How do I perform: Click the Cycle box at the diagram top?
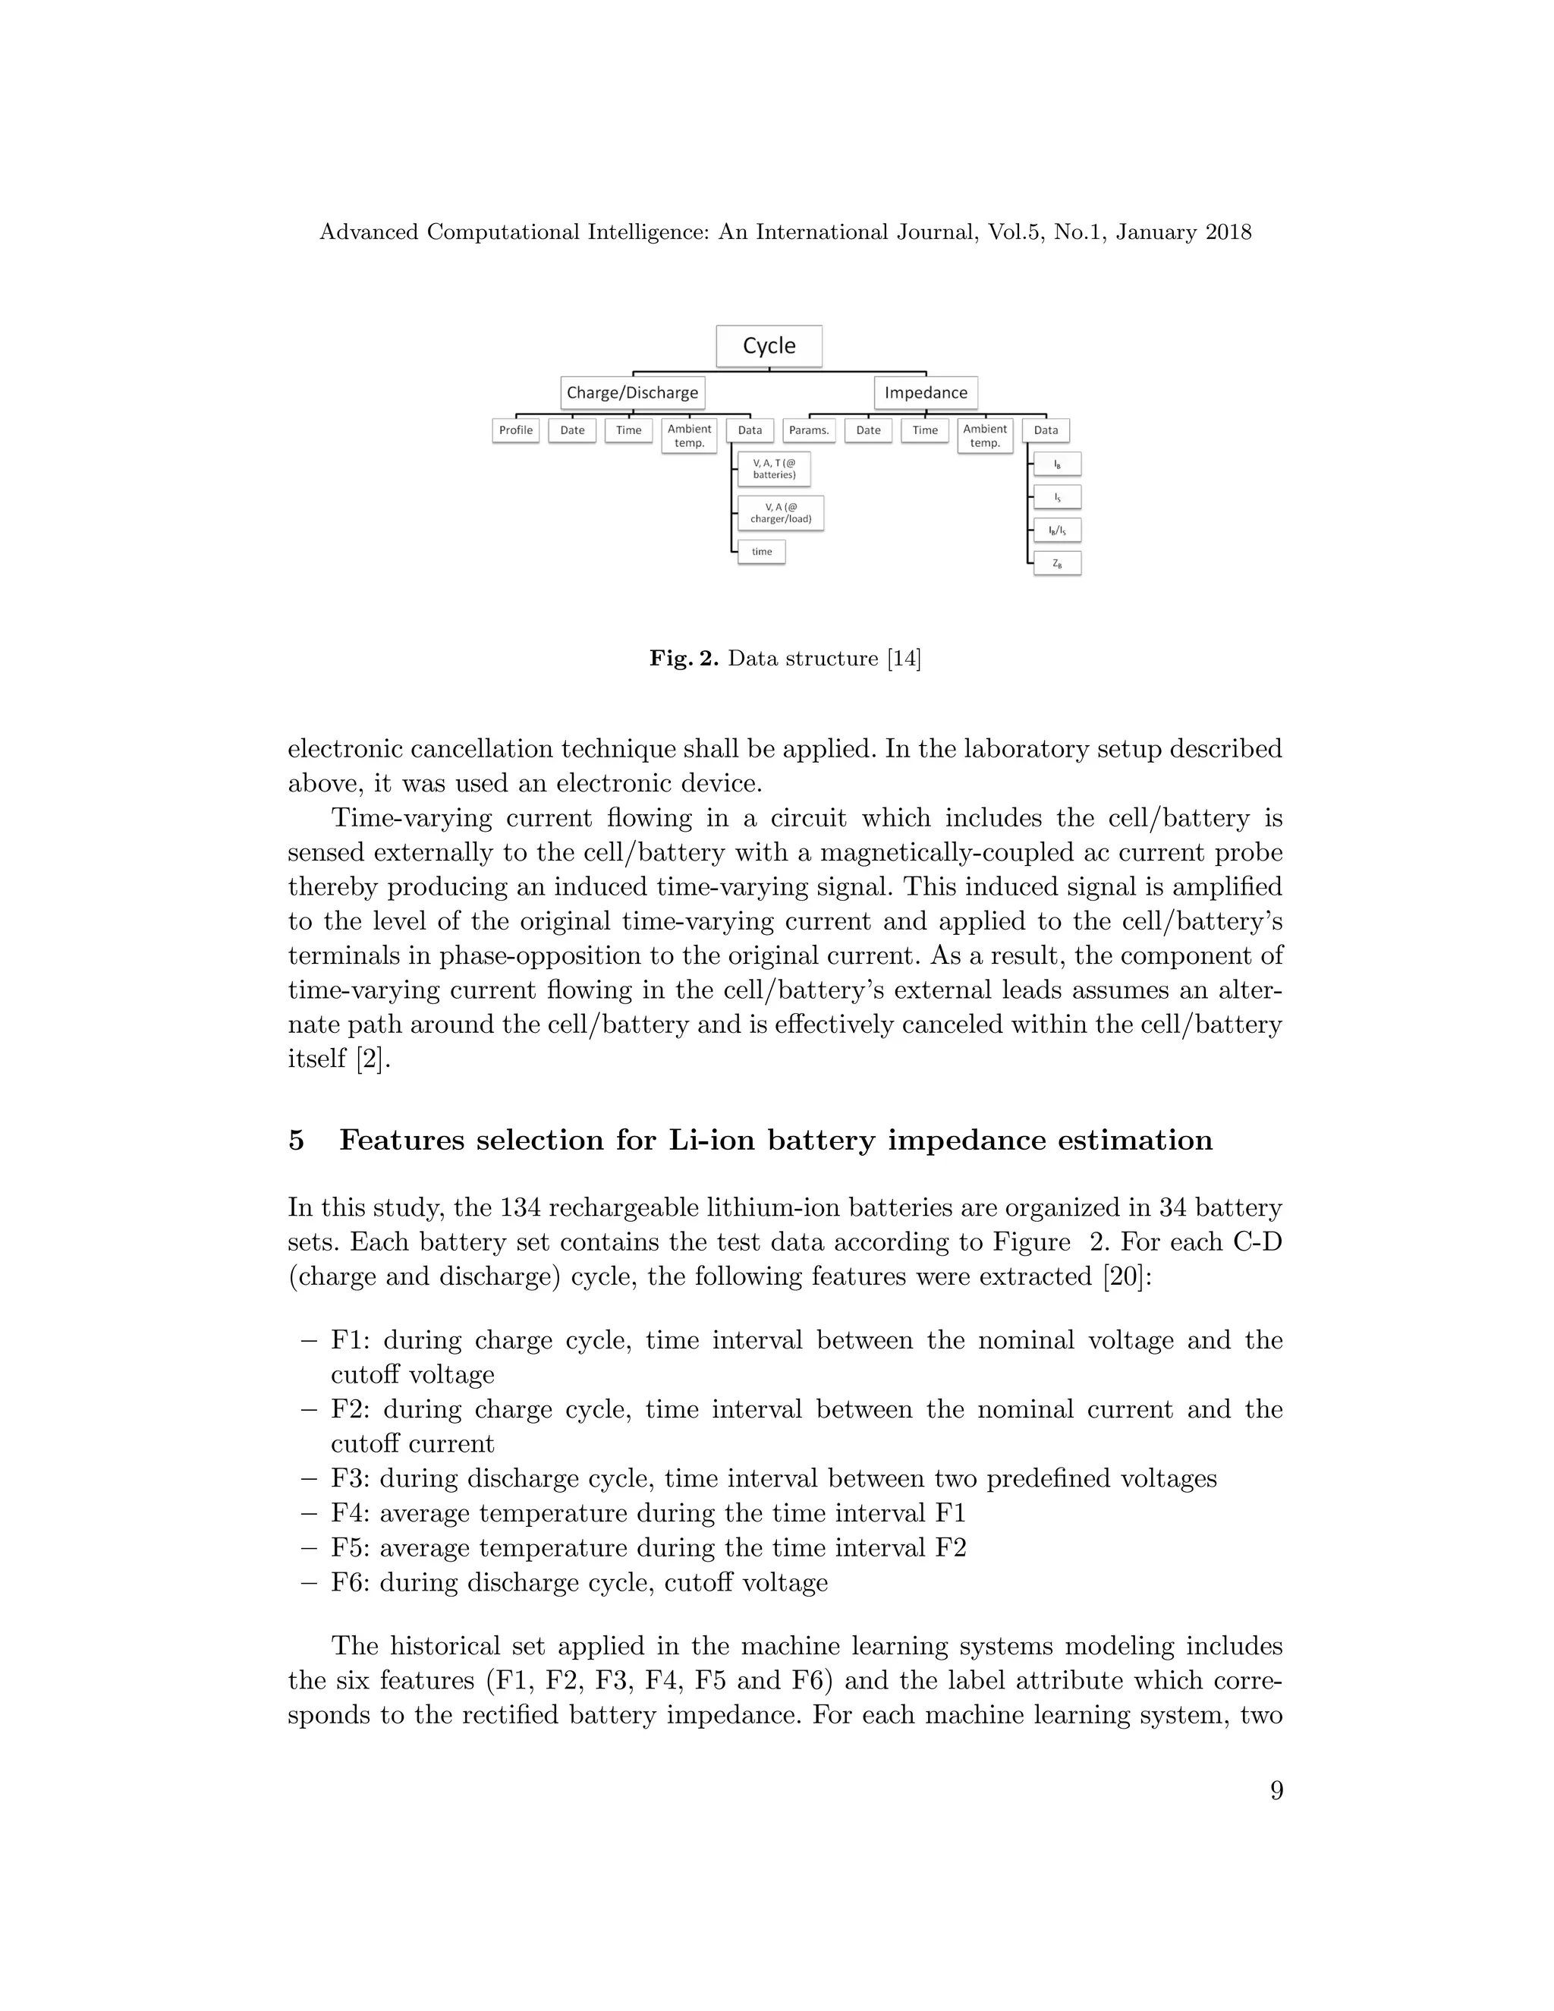[769, 346]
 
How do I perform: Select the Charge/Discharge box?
[633, 393]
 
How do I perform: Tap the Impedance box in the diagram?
[925, 393]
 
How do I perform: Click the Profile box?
[515, 430]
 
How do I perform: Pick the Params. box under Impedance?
[809, 430]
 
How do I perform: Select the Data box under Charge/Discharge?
[750, 430]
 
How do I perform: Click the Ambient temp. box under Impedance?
[985, 436]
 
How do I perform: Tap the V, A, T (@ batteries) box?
[773, 469]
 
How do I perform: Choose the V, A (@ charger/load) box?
[781, 513]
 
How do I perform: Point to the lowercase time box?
[761, 552]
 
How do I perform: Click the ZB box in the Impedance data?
[1057, 564]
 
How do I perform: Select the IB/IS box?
[1057, 530]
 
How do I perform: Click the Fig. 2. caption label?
[683, 659]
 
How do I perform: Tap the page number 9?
[1276, 1791]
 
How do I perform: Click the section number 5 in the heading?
[297, 1141]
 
